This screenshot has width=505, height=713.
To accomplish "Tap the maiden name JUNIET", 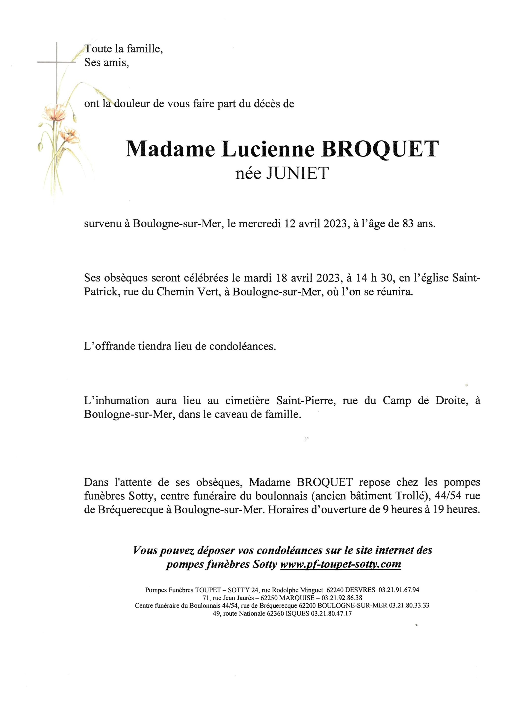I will pos(297,174).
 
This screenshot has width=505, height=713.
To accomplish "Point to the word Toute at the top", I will pos(98,49).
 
